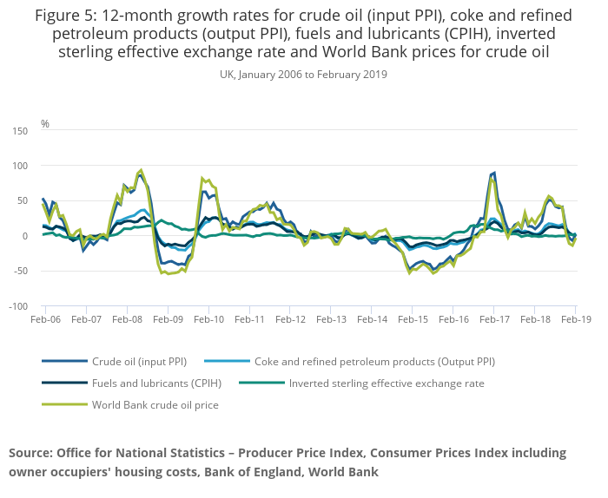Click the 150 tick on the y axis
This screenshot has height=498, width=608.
pyautogui.click(x=21, y=130)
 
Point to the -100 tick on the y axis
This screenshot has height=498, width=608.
pyautogui.click(x=19, y=306)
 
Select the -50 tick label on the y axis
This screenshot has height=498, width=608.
pyautogui.click(x=21, y=271)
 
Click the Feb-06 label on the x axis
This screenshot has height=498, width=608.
pyautogui.click(x=45, y=319)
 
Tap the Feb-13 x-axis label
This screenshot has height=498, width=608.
pyautogui.click(x=331, y=319)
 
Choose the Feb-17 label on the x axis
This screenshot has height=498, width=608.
pyautogui.click(x=494, y=319)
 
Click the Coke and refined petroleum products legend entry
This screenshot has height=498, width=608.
pyautogui.click(x=374, y=361)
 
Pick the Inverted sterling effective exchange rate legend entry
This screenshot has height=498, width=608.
pyautogui.click(x=387, y=383)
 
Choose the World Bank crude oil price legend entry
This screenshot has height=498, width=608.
pyautogui.click(x=155, y=404)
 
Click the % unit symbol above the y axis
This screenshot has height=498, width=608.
pyautogui.click(x=45, y=124)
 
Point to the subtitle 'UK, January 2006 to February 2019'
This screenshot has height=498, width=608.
pyautogui.click(x=304, y=75)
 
